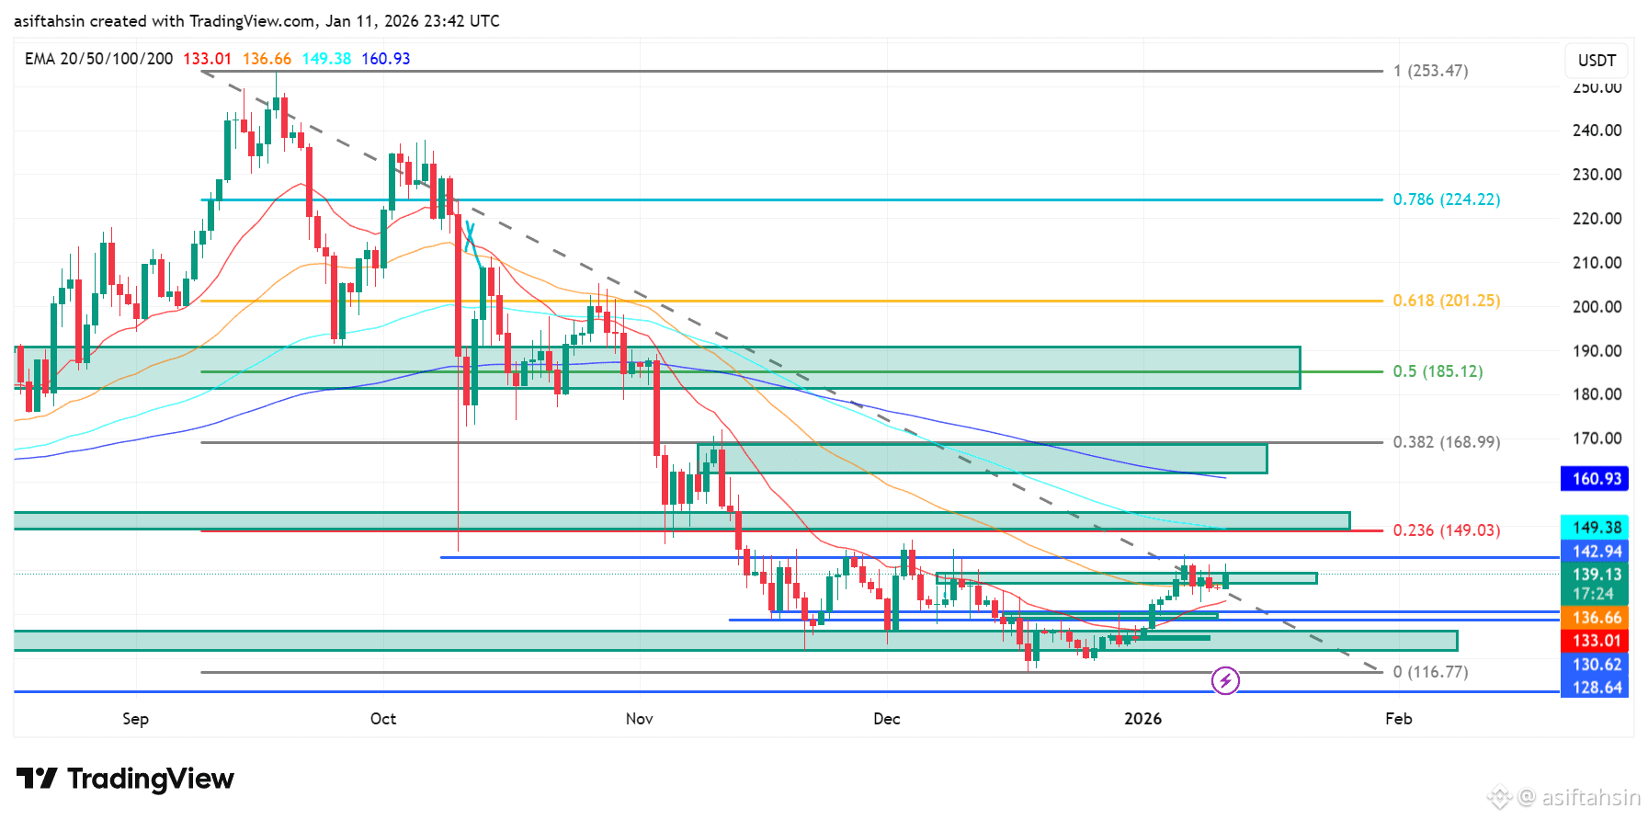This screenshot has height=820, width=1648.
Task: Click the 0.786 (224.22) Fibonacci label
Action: coord(1446,199)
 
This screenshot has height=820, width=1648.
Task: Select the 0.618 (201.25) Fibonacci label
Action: coord(1446,301)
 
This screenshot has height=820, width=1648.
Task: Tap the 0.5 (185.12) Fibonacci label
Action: coord(1438,371)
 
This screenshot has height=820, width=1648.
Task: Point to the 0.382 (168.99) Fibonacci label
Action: coord(1446,442)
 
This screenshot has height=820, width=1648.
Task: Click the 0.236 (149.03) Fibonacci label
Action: coord(1446,530)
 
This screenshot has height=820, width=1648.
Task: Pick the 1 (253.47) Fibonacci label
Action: coord(1430,71)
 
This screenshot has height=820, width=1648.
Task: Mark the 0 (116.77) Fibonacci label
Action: coord(1430,672)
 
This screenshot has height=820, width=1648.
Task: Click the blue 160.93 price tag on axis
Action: coord(1597,479)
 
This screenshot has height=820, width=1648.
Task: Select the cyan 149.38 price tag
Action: coord(1597,528)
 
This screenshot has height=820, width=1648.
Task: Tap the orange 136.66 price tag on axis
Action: coord(1597,618)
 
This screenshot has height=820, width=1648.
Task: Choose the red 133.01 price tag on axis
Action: coord(1597,641)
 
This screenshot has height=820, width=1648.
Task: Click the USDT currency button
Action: coord(1597,61)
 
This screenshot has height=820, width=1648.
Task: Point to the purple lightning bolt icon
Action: coord(1225,680)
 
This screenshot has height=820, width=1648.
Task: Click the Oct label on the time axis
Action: coord(383,719)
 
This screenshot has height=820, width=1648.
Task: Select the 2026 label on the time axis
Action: coord(1142,719)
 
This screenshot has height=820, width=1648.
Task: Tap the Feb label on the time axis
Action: coord(1398,719)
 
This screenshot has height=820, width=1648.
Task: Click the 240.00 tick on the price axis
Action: coord(1597,131)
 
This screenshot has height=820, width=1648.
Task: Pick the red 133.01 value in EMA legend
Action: coord(207,59)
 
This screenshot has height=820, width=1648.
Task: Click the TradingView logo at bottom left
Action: coord(125,779)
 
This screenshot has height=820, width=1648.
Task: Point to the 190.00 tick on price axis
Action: coord(1597,350)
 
